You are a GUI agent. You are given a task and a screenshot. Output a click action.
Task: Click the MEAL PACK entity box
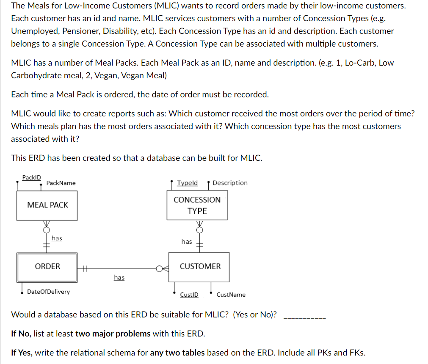click(x=47, y=205)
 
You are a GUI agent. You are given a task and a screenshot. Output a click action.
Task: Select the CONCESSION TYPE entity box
click(x=197, y=205)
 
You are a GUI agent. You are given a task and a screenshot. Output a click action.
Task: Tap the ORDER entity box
click(x=47, y=267)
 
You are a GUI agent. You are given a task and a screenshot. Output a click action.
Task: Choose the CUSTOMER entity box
click(x=199, y=267)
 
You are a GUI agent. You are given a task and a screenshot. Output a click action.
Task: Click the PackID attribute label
click(x=32, y=177)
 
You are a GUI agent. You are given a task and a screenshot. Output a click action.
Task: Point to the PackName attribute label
click(x=61, y=183)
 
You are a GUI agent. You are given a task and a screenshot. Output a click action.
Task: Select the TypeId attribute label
click(x=187, y=183)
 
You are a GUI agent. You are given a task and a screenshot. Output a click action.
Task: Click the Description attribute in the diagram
click(x=230, y=183)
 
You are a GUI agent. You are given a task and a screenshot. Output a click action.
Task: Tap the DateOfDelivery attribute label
click(x=48, y=292)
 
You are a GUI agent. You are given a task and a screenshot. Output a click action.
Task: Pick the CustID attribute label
click(x=189, y=295)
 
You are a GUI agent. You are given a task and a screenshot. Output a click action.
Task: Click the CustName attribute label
click(x=231, y=295)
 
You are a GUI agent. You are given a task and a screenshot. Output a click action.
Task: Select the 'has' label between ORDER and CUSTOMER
click(x=119, y=277)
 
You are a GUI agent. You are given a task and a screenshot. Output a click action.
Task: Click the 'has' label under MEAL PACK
click(x=57, y=238)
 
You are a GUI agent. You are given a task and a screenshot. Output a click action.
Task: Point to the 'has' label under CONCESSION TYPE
click(x=187, y=242)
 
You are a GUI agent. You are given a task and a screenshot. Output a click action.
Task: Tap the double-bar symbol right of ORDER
click(x=85, y=267)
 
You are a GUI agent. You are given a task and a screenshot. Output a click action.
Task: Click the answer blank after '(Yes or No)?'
click(x=304, y=315)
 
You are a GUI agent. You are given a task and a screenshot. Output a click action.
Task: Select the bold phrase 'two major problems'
click(x=113, y=334)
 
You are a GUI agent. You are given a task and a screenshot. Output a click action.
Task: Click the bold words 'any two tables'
click(x=177, y=353)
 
